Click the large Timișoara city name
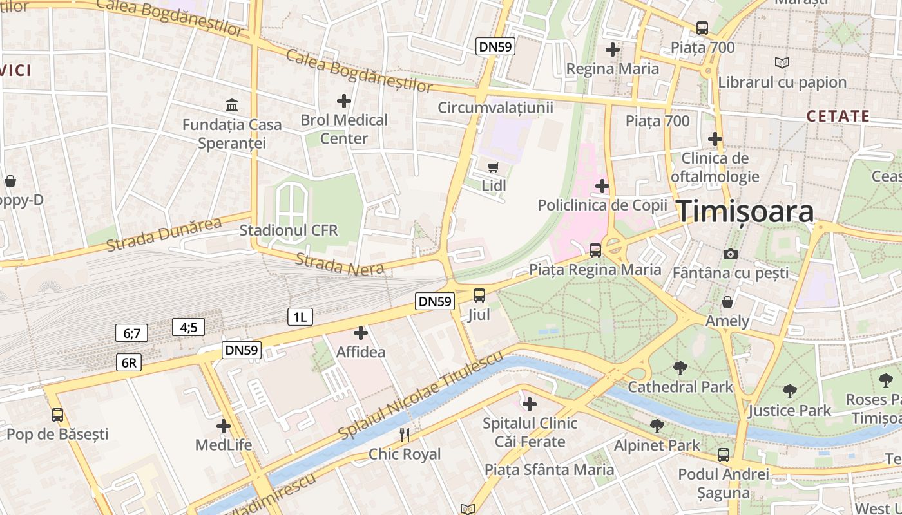point(745,212)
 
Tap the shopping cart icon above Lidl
point(494,167)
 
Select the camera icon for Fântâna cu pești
point(730,254)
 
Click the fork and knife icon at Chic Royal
point(405,435)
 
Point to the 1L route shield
point(300,316)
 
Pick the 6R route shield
point(129,362)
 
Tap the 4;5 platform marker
point(188,328)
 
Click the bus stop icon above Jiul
point(479,295)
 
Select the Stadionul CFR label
point(289,230)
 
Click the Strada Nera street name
point(340,265)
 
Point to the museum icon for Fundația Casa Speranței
point(231,105)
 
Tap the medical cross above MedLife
point(224,426)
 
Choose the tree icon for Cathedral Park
point(680,368)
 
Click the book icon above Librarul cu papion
point(782,63)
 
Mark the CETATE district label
point(838,117)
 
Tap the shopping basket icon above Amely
point(727,302)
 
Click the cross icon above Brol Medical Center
point(344,101)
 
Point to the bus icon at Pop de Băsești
point(57,415)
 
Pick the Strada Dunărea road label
point(164,234)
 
